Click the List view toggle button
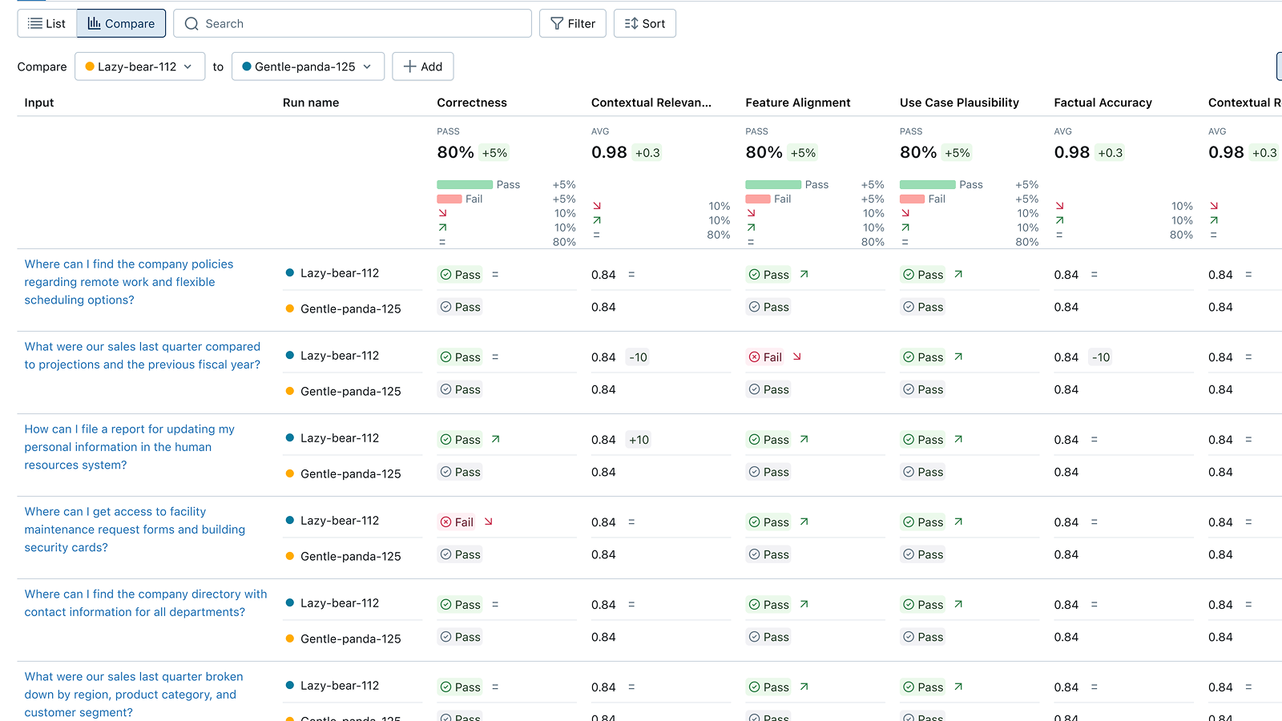[x=46, y=24]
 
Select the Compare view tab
[x=121, y=24]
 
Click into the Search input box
[x=353, y=24]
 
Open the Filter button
[x=573, y=24]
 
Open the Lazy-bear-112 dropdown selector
[x=139, y=66]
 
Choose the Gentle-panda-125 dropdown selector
[x=308, y=66]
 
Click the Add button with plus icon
[x=423, y=66]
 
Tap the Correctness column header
[x=472, y=103]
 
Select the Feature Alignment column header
[x=798, y=103]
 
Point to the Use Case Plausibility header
[x=959, y=103]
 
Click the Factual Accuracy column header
[x=1103, y=103]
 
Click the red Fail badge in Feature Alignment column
[x=765, y=357]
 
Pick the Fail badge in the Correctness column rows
[x=457, y=522]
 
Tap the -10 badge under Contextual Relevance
[x=638, y=357]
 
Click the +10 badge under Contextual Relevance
[x=639, y=440]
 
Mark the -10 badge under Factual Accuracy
[x=1101, y=357]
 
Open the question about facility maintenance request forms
[x=135, y=530]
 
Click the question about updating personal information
[x=129, y=447]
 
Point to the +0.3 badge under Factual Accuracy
[x=1110, y=153]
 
